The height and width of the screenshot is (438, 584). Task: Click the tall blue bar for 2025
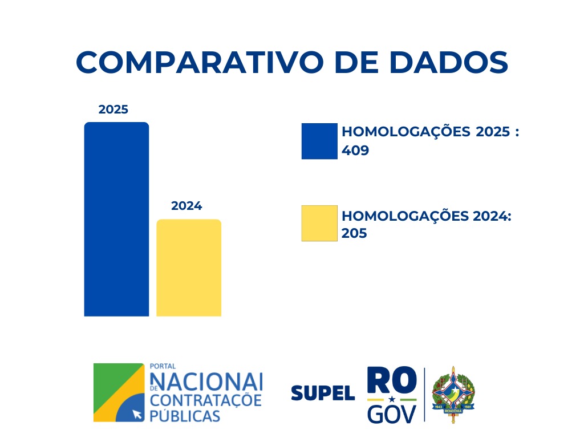[116, 219]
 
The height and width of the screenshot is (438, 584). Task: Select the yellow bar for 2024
[189, 267]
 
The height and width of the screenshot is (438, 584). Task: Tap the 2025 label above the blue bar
[113, 109]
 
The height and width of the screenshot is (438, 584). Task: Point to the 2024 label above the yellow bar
[186, 206]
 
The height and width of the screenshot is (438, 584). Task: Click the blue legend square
[319, 141]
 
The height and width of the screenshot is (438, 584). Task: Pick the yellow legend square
[319, 223]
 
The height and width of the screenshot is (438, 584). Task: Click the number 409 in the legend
[355, 151]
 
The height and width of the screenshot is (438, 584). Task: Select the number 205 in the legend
[354, 233]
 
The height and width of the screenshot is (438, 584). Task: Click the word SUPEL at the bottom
[323, 393]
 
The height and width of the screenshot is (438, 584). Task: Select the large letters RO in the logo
[392, 380]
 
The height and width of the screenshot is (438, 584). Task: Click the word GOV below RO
[392, 413]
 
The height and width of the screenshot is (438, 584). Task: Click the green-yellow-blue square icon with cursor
[119, 392]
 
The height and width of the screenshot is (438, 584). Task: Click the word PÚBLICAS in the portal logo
[184, 415]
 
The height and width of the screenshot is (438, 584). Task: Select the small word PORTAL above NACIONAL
[162, 367]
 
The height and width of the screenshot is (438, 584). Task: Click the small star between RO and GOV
[392, 399]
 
